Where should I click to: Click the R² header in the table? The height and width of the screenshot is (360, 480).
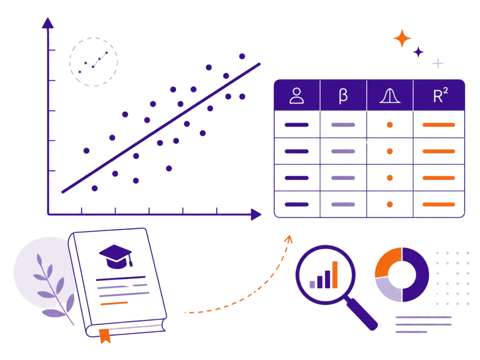pos(440,95)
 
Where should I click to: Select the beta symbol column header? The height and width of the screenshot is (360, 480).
pos(343,96)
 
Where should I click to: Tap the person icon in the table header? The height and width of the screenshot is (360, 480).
pos(297,96)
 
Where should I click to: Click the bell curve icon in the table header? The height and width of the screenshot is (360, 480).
pos(390,96)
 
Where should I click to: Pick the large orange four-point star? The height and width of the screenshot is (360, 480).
pos(402,38)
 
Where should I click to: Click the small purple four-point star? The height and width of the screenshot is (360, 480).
pos(418,52)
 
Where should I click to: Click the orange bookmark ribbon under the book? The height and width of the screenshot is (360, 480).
pos(105,336)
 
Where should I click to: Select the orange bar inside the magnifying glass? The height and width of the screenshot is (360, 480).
pos(335,275)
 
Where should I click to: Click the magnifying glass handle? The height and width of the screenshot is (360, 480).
pos(362,314)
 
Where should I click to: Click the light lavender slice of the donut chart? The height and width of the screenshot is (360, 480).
pos(388,290)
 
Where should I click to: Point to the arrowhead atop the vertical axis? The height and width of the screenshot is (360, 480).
pos(48,23)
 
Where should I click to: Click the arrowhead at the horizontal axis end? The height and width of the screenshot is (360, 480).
pos(256,214)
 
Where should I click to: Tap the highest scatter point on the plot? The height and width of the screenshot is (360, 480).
pos(242,56)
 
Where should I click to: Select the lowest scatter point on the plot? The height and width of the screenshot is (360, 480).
pos(95,188)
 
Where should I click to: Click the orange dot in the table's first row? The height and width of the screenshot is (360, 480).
pos(390,125)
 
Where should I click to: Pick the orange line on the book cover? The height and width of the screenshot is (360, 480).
pos(114,303)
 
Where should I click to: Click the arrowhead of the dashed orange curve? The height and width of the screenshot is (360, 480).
pos(289,239)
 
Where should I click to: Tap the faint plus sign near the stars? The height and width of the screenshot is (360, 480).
pos(438,63)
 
